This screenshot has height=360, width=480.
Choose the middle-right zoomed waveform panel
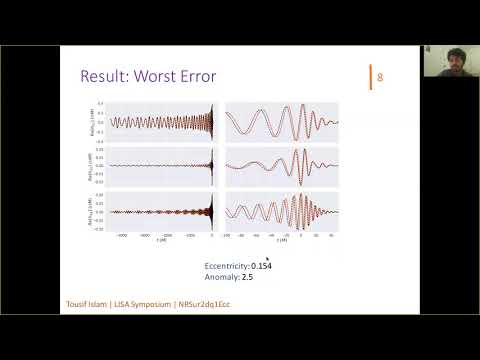coord(283,165)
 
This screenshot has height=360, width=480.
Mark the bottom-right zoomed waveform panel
coord(283,211)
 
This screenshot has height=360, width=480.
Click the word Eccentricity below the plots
coord(225,265)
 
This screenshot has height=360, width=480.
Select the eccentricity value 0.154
coord(261,265)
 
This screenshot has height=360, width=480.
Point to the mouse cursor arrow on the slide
coord(268,259)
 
